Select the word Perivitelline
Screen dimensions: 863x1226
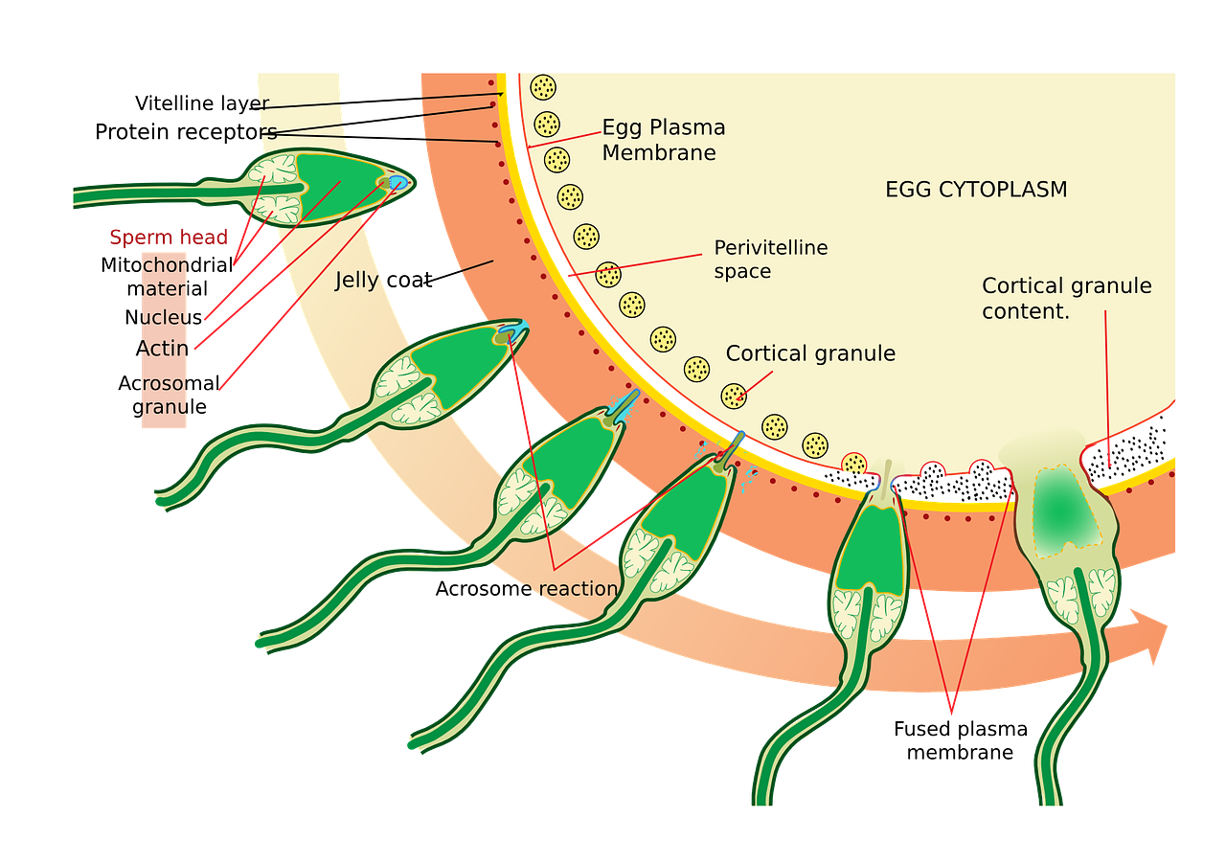pos(770,248)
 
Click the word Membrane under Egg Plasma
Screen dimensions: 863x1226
pos(658,153)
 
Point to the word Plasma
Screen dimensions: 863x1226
pos(691,127)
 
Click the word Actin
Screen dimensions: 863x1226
pos(164,349)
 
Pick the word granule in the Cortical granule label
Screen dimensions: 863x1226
pos(855,353)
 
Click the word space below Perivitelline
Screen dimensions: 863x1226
pos(741,271)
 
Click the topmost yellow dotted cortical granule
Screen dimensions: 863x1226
pos(544,87)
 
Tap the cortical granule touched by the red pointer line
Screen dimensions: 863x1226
pos(734,395)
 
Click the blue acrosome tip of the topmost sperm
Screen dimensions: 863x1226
pos(400,182)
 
